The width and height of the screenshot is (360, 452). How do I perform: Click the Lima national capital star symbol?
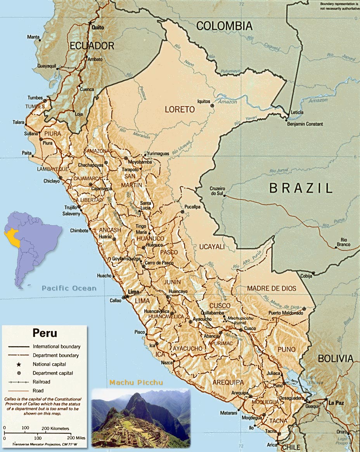point(127,297)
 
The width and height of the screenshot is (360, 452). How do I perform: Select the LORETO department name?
point(180,110)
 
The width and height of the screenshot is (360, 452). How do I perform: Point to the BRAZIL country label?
point(301,188)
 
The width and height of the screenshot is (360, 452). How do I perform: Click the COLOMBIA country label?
point(224,26)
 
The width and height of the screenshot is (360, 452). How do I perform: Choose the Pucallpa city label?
point(192,207)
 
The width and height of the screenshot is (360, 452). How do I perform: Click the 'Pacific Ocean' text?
point(69,288)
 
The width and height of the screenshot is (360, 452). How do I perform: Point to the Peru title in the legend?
point(45,333)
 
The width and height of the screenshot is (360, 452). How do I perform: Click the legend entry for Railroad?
point(42,382)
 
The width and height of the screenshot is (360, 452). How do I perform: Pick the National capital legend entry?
point(49,364)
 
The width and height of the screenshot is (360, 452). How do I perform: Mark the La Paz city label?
point(336,403)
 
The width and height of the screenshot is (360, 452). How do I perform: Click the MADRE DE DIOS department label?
point(272,288)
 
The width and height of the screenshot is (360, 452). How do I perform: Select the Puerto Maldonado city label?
point(285,313)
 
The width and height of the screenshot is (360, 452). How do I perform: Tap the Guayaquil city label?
point(47,66)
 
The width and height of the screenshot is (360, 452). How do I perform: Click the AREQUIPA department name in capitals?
point(228,382)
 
